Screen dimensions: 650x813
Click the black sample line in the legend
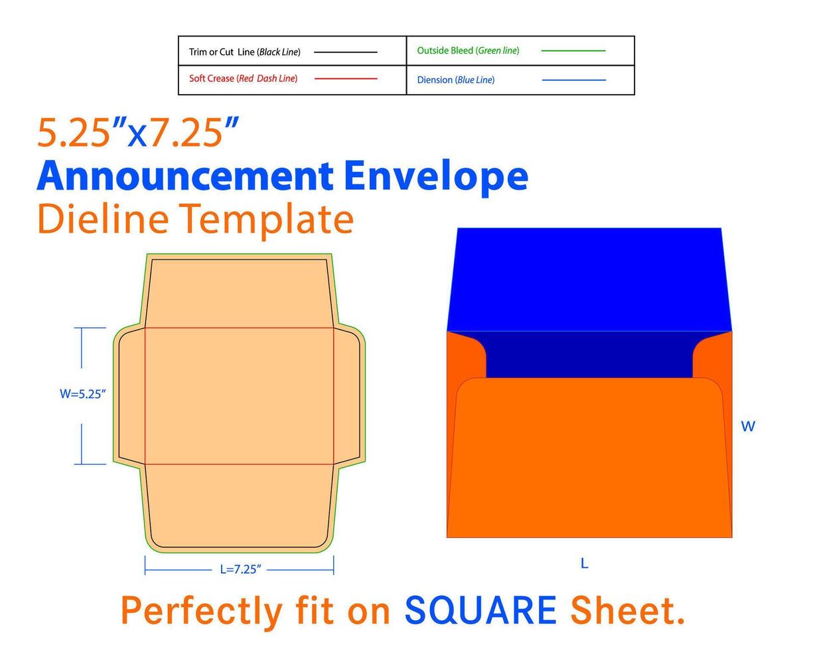click(345, 52)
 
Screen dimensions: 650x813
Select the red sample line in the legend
click(345, 79)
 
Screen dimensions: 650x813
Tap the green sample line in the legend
click(573, 50)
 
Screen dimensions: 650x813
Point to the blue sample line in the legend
click(573, 80)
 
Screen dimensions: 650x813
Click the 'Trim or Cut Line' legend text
click(244, 52)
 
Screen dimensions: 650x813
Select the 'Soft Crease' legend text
click(243, 79)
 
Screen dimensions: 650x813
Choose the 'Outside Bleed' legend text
click(468, 50)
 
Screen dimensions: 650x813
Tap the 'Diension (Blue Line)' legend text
click(455, 80)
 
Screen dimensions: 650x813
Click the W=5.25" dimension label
click(83, 394)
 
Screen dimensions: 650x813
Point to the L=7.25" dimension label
click(241, 570)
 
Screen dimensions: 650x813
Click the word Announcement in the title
click(185, 176)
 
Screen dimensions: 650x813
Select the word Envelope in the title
click(435, 176)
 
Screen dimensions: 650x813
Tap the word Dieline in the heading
click(103, 219)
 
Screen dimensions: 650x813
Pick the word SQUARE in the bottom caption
click(480, 611)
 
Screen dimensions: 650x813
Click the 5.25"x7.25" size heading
click(138, 132)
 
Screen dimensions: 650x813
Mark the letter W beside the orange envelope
click(748, 427)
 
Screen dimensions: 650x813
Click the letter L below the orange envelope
click(584, 564)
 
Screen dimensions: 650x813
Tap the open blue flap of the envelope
click(589, 279)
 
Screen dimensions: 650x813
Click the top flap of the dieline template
click(239, 292)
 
